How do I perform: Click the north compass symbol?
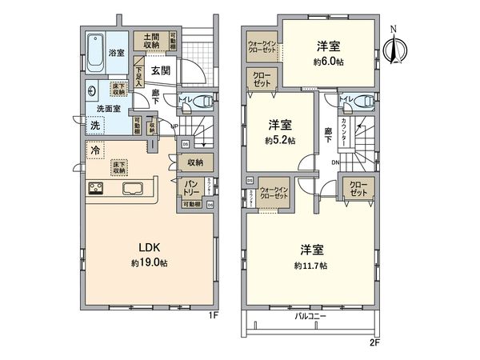click(392, 46)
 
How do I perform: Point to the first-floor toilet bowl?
click(206, 101)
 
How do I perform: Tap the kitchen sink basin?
click(132, 189)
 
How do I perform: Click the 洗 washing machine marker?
click(94, 125)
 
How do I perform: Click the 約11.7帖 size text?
click(310, 266)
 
